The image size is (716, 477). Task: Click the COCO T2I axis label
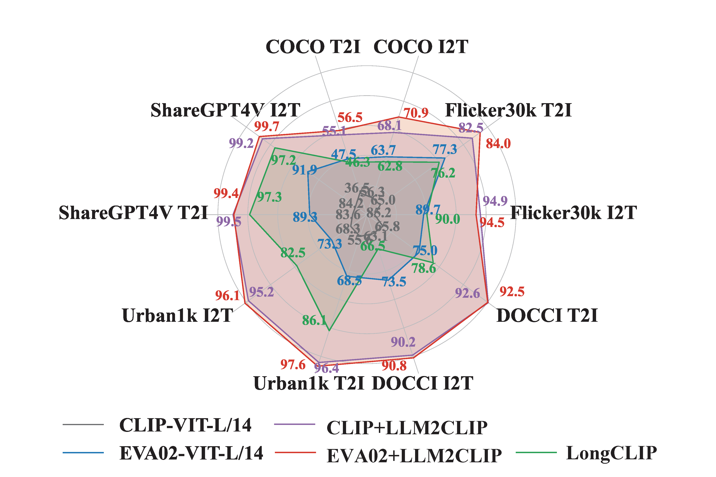313,47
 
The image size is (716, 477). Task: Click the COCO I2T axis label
421,47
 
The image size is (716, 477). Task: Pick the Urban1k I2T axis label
177,315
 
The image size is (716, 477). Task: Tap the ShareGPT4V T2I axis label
133,213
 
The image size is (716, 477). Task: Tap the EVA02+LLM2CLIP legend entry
414,456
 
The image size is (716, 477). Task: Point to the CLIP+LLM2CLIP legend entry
407,428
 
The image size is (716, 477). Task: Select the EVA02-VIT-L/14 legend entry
191,453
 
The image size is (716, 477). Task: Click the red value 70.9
416,113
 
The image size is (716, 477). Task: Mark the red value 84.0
498,143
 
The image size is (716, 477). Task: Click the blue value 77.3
445,150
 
